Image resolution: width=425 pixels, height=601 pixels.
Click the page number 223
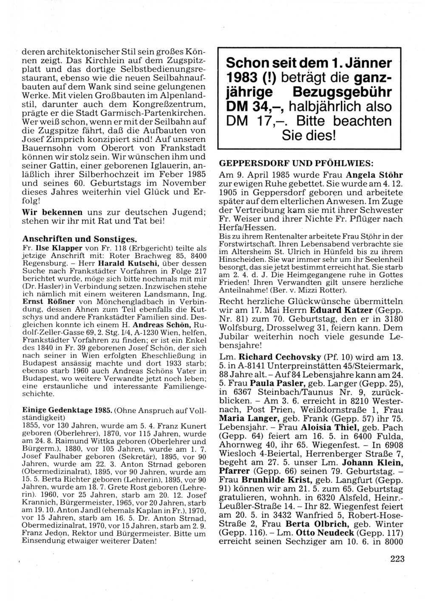point(397,559)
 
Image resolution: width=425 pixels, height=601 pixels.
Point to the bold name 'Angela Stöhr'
point(374,175)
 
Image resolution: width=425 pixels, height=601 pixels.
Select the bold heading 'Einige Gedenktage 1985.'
point(67,410)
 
